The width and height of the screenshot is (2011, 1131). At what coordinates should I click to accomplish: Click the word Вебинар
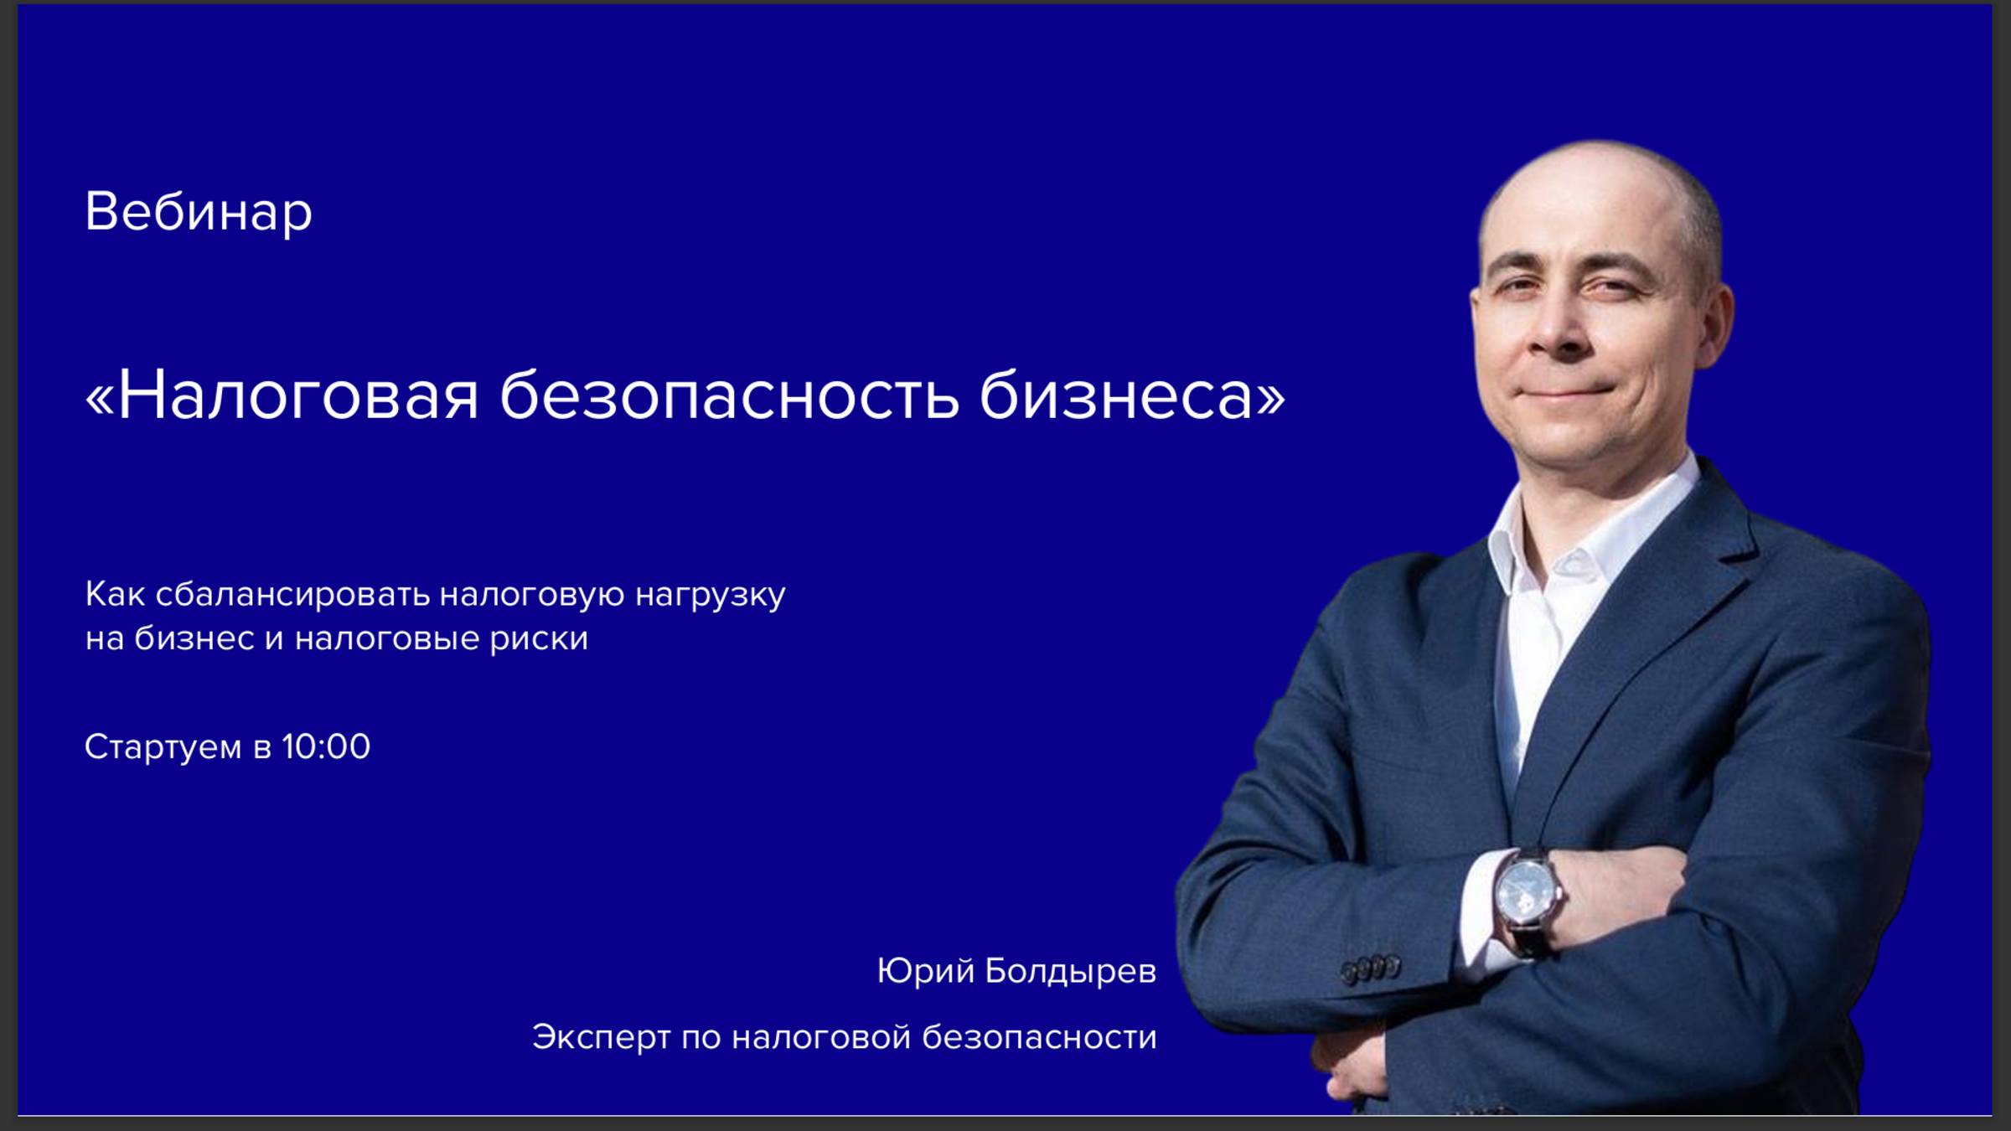199,211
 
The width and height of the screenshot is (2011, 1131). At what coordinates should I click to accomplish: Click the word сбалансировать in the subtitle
292,595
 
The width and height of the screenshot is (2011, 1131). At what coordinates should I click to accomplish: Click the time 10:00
326,746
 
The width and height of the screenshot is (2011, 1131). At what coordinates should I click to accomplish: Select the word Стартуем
163,747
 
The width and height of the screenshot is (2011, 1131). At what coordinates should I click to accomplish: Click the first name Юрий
925,972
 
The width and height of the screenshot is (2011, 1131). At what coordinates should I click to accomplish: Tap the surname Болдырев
1070,972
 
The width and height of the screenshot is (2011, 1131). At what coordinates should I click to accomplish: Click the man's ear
1714,323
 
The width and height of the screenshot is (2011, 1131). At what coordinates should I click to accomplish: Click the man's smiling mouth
1567,391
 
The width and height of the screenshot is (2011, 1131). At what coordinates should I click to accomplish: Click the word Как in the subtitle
115,595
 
